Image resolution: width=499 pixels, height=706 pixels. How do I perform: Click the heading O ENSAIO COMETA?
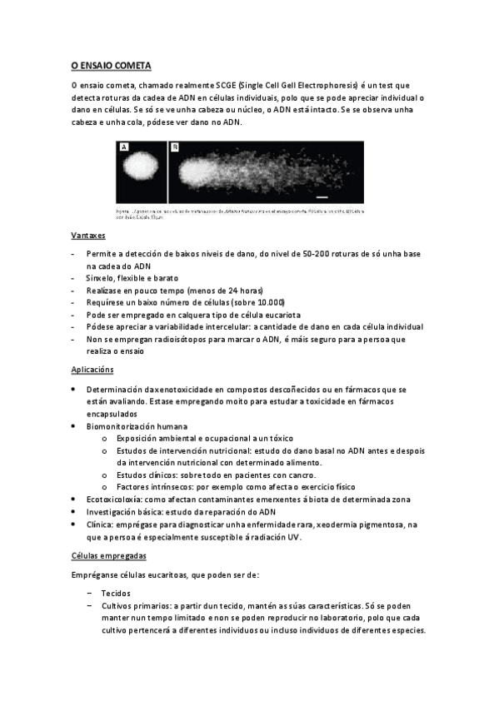(111, 64)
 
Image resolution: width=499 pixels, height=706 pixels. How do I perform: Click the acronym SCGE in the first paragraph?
(224, 86)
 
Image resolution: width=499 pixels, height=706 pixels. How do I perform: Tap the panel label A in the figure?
(124, 147)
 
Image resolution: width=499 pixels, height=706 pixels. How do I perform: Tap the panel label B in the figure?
(175, 147)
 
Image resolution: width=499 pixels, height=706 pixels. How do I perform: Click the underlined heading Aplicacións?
(92, 369)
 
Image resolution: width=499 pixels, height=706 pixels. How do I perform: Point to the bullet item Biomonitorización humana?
(136, 426)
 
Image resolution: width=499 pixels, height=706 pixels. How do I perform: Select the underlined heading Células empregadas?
(109, 554)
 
